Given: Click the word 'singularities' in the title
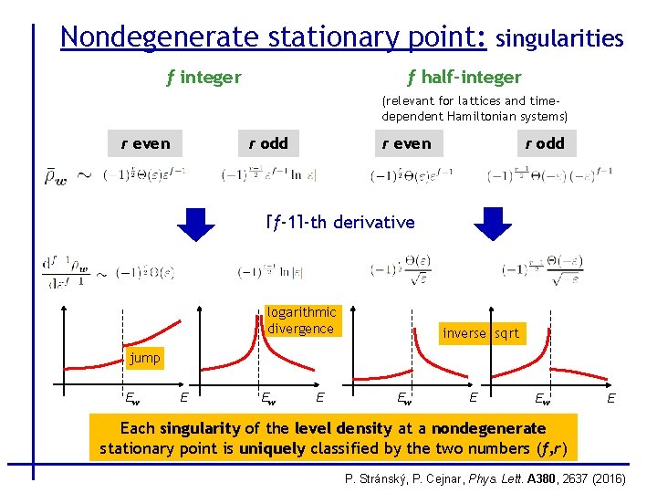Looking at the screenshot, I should (x=559, y=38).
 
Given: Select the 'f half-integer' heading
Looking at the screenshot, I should (x=464, y=78).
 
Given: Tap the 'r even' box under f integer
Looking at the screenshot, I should (x=145, y=143).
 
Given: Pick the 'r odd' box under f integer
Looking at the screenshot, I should (x=268, y=143).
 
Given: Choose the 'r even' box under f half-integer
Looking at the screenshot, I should (x=406, y=143).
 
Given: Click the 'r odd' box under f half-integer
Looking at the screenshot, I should (x=544, y=143).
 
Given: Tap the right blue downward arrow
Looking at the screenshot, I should (x=493, y=224).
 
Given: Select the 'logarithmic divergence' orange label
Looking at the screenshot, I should (x=302, y=320).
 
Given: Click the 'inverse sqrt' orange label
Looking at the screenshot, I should (x=480, y=333).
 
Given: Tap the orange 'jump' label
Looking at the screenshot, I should (x=144, y=358).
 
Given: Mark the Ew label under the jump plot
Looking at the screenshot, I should (x=132, y=397).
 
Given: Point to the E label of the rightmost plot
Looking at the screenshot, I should (x=610, y=397).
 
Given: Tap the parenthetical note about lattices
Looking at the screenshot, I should (x=474, y=109).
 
